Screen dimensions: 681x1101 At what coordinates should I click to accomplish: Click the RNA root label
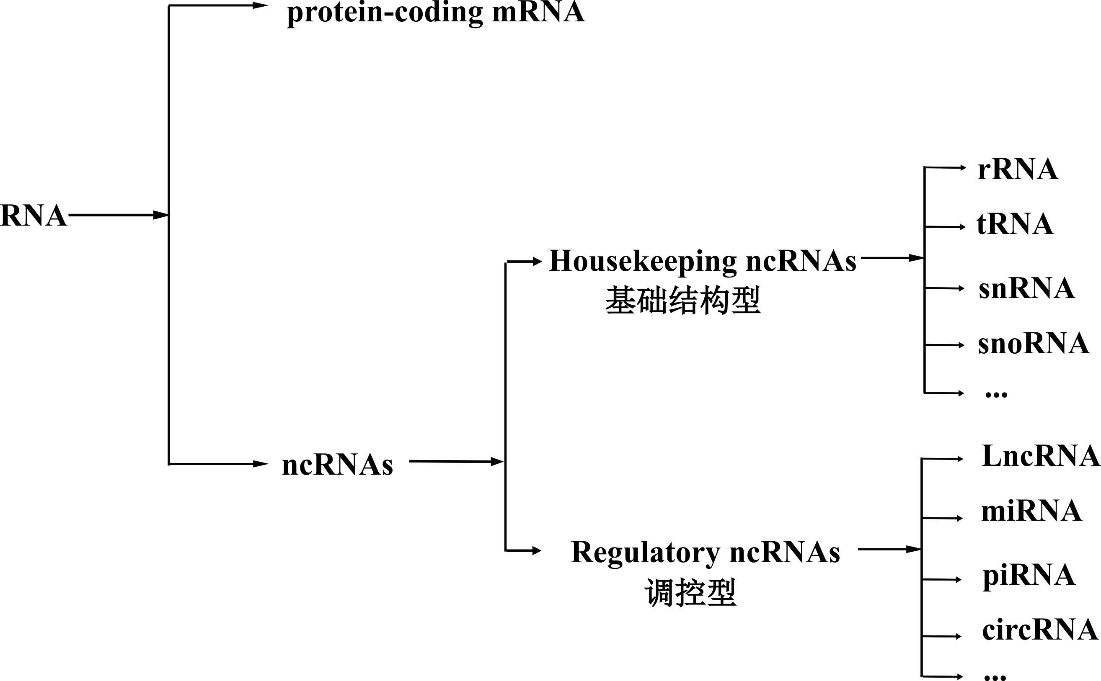[34, 216]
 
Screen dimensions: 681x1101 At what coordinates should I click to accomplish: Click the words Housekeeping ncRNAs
[702, 261]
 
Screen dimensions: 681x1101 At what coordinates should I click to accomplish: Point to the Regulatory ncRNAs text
[706, 552]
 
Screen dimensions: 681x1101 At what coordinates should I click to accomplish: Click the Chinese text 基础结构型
[683, 301]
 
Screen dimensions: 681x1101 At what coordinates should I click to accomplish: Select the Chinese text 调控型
[690, 593]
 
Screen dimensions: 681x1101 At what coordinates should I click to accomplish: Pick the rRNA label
[1018, 170]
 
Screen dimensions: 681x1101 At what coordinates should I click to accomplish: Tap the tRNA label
[1015, 224]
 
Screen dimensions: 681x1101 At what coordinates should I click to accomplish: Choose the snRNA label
[1026, 288]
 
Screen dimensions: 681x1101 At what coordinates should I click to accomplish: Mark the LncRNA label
[1041, 456]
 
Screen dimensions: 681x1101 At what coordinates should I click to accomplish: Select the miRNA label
[1031, 511]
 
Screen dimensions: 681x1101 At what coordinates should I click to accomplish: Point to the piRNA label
[1029, 575]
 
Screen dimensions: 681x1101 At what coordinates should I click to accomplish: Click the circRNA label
[1040, 630]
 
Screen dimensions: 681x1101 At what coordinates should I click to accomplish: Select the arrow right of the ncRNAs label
[455, 462]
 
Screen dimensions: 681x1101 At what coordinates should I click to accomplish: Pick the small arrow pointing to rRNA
[945, 168]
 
